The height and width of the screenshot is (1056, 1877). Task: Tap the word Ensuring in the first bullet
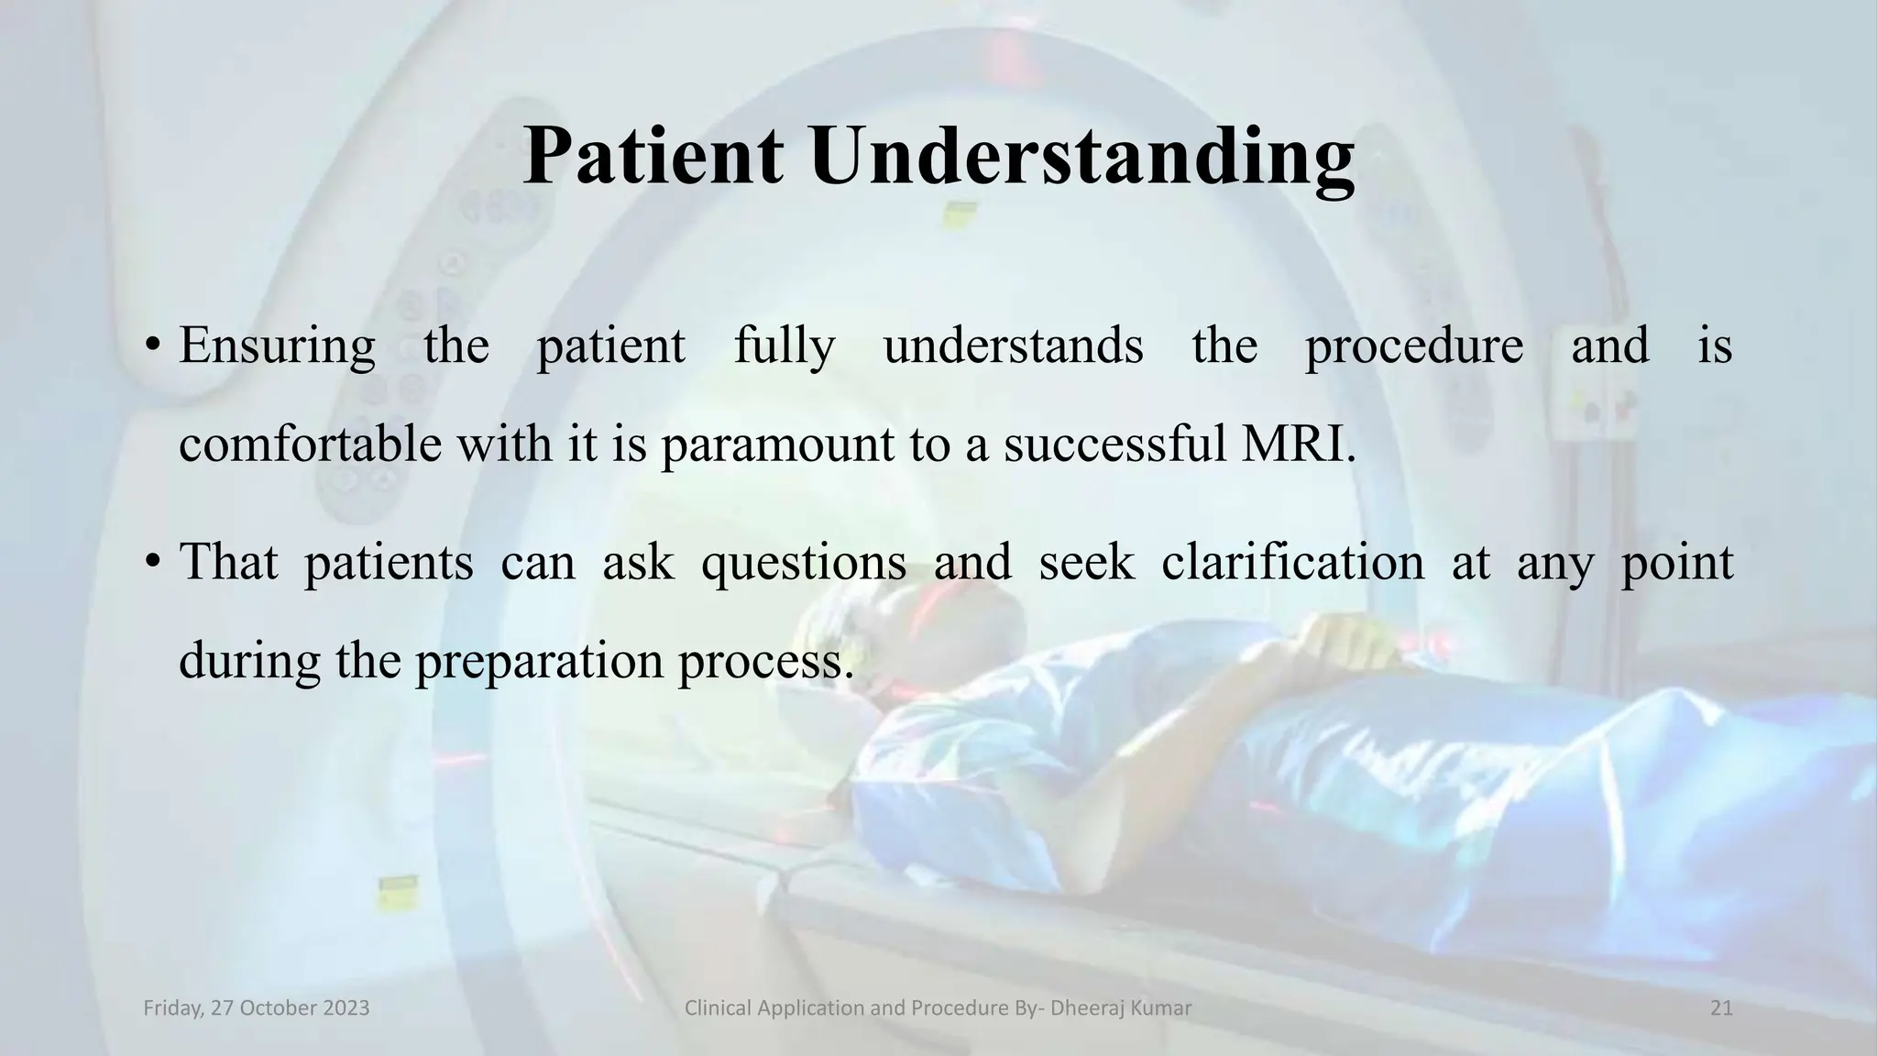click(x=277, y=346)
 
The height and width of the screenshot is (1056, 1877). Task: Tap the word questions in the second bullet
click(x=803, y=563)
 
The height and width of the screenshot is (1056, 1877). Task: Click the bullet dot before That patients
click(x=152, y=563)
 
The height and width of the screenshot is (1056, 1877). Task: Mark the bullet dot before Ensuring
click(x=152, y=346)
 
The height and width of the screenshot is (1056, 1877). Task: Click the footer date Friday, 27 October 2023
click(x=257, y=1008)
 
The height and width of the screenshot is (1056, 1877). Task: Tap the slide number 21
click(x=1721, y=1008)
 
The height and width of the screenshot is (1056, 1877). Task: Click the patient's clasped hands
click(x=1329, y=642)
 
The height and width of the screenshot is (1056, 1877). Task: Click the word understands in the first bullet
click(x=1013, y=346)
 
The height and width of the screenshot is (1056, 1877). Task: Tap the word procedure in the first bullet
click(x=1413, y=346)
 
